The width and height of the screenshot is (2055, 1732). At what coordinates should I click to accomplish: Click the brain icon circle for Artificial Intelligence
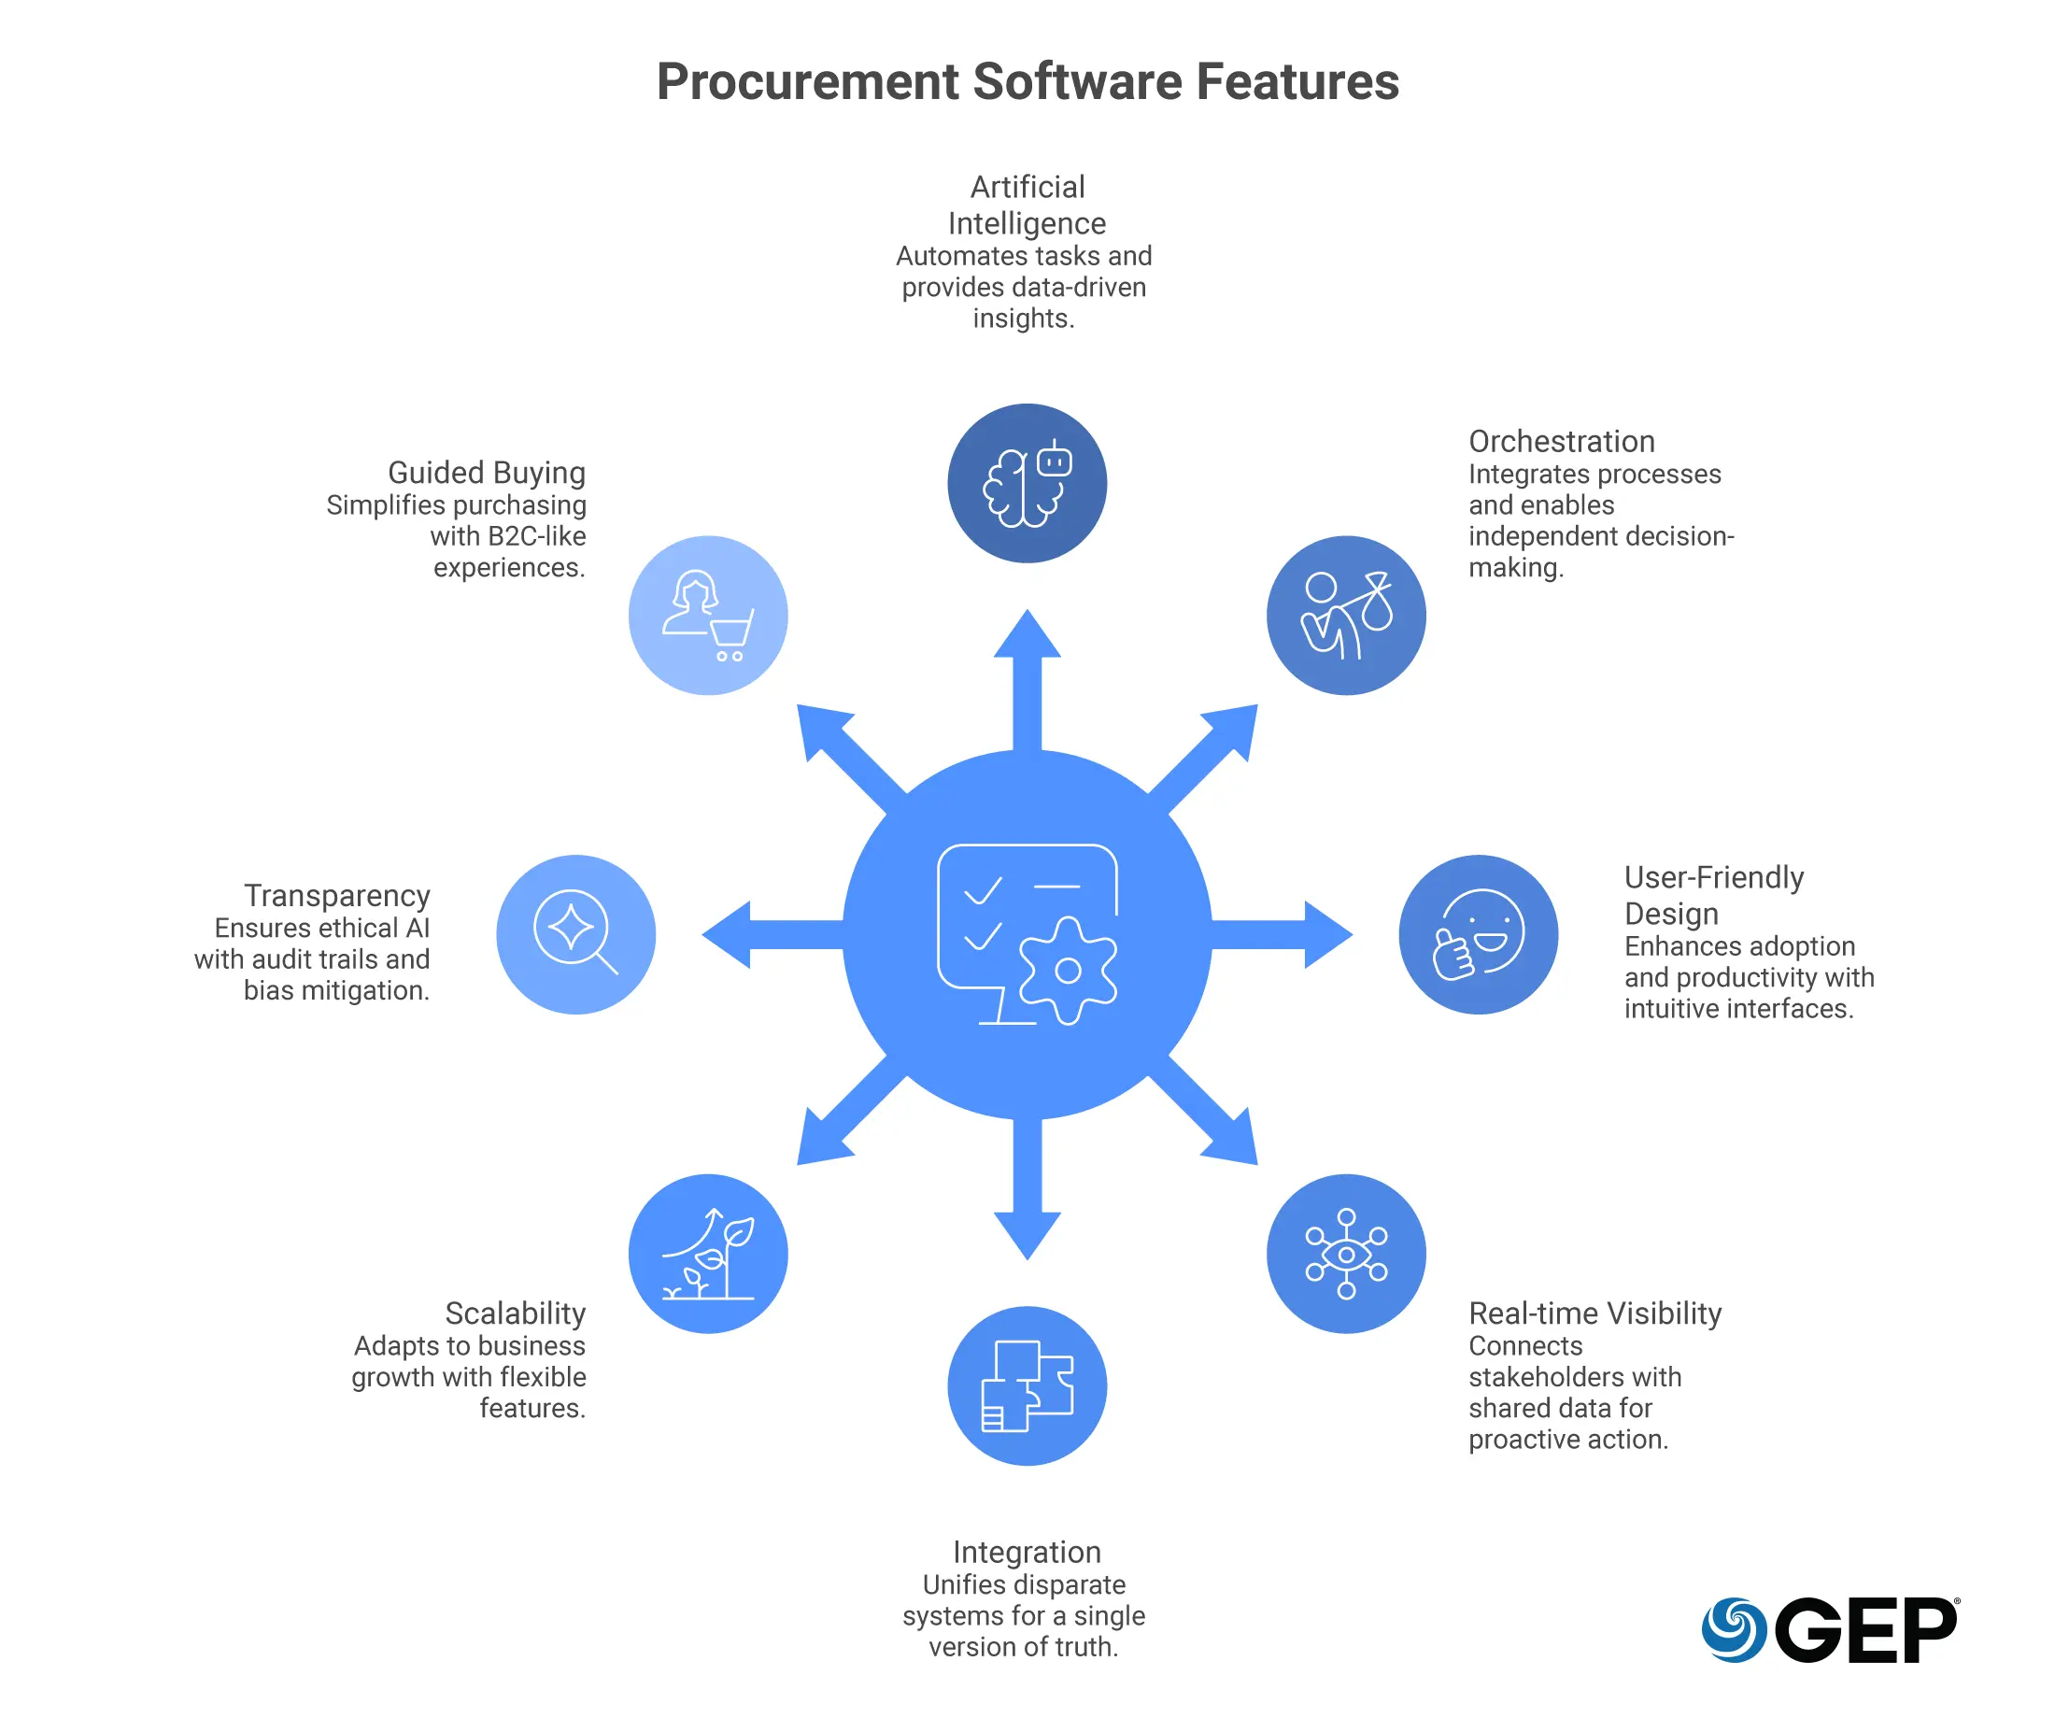pos(1027,483)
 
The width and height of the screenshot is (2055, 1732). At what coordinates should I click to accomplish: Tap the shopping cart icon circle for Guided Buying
pos(708,616)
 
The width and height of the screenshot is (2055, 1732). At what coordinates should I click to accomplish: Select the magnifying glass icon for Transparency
pos(575,934)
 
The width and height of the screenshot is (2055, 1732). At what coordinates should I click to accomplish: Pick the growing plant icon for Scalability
pos(708,1254)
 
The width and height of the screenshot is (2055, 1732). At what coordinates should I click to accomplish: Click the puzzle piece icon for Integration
pos(1027,1385)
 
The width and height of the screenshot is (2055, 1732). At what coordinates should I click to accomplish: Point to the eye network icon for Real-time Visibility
pos(1346,1254)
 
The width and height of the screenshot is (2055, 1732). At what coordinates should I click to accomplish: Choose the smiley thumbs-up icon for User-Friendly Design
pos(1479,934)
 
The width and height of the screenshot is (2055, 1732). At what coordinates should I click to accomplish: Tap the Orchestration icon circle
pos(1346,616)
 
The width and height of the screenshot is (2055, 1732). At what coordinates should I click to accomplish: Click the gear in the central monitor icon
pos(1069,971)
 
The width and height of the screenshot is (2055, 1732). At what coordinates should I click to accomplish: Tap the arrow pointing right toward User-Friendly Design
pos(1296,935)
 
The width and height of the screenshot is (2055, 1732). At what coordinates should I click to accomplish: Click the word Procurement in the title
pos(807,81)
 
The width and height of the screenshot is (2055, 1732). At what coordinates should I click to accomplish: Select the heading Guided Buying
pos(487,473)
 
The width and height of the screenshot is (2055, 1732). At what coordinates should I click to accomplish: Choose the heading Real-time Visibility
pos(1594,1313)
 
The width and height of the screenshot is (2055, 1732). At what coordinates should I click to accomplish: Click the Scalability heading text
pos(516,1313)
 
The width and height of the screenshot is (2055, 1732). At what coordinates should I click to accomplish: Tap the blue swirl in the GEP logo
pos(1734,1629)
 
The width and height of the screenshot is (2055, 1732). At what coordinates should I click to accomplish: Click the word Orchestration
pos(1561,441)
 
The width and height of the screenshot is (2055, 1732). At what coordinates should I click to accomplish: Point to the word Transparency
pos(337,896)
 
